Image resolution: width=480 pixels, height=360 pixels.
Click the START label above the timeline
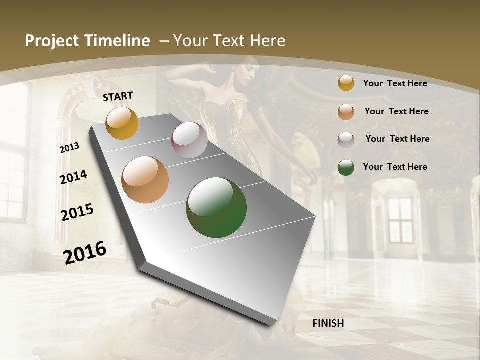click(x=118, y=96)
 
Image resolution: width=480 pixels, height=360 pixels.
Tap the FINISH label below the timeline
click(x=328, y=323)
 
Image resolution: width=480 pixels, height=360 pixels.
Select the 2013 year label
click(x=69, y=147)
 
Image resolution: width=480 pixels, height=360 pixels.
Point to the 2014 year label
click(x=73, y=177)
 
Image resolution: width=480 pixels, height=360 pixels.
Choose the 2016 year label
click(x=85, y=252)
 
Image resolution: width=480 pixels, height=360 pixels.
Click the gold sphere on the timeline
click(x=122, y=123)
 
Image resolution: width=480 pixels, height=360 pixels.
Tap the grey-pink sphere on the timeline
click(x=189, y=140)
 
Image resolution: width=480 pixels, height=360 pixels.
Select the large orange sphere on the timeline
click(x=145, y=180)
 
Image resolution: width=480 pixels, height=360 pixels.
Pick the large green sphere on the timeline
click(x=216, y=207)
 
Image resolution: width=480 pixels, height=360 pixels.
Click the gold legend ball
click(x=346, y=83)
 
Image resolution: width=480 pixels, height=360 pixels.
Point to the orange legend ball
click(x=346, y=112)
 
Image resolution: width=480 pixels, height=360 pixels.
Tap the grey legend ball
click(x=346, y=140)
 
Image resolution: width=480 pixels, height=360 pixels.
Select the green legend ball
click(x=346, y=167)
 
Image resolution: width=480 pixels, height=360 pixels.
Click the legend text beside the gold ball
click(x=395, y=83)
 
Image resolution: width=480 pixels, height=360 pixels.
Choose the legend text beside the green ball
click(x=395, y=167)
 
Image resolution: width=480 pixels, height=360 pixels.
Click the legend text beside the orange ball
click(x=396, y=111)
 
